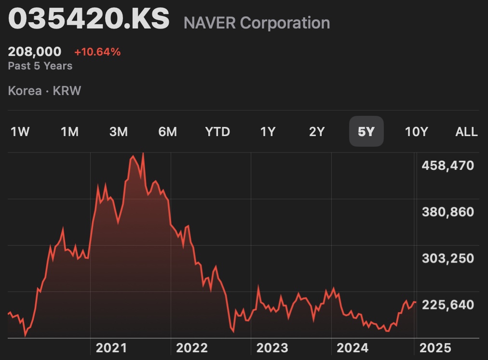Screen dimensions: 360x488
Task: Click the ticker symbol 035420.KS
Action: tap(89, 20)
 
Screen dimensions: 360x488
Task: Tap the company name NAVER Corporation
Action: tap(257, 23)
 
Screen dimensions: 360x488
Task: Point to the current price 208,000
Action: tap(35, 52)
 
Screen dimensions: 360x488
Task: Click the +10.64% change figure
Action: tap(97, 52)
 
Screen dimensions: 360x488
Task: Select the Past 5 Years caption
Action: tap(40, 66)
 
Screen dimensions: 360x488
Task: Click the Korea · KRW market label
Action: tap(44, 91)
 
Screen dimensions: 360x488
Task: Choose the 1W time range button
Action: tap(20, 132)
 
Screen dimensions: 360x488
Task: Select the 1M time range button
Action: tap(69, 132)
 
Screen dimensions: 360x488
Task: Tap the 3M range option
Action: tap(119, 132)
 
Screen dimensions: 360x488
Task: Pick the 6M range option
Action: tap(168, 132)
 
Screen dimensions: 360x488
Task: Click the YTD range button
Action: tap(217, 132)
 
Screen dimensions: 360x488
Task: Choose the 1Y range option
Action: tap(268, 132)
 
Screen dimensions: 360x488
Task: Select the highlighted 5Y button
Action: tap(366, 132)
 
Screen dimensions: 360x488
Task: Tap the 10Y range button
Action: tap(416, 132)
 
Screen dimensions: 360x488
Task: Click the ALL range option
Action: tap(466, 132)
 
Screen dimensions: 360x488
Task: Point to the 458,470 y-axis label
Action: tap(448, 166)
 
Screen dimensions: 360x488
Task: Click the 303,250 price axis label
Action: tap(448, 259)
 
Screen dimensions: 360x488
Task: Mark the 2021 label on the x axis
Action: tap(111, 348)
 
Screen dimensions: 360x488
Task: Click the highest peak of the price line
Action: tap(143, 153)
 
